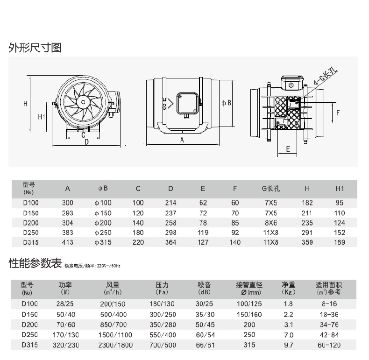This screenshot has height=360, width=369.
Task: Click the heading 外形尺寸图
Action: [x=35, y=48]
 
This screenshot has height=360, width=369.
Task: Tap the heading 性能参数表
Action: [x=35, y=263]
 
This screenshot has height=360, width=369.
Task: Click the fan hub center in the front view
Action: [x=83, y=102]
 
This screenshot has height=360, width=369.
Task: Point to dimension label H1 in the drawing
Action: [x=42, y=117]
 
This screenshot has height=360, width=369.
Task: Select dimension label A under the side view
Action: [x=182, y=140]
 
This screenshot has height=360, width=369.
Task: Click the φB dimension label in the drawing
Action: [x=226, y=103]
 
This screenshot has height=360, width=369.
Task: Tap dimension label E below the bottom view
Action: [x=288, y=149]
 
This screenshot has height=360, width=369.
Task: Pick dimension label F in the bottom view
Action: [x=338, y=113]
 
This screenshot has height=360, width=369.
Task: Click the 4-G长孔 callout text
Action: [x=326, y=77]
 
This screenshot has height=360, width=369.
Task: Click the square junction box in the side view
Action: [x=187, y=103]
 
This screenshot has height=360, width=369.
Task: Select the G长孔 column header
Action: [x=271, y=189]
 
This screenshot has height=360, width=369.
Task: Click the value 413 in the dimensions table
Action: [x=68, y=242]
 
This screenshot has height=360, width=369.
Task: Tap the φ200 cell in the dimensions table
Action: [x=103, y=223]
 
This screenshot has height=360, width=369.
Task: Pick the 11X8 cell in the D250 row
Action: [x=270, y=233]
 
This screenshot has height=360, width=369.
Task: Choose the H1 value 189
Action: [x=340, y=242]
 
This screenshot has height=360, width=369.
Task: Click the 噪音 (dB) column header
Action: [x=204, y=289]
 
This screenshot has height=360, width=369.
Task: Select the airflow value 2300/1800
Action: [x=115, y=345]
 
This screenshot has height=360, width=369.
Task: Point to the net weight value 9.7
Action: [x=288, y=345]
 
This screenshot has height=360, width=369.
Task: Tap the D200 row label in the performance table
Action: [x=29, y=325]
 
